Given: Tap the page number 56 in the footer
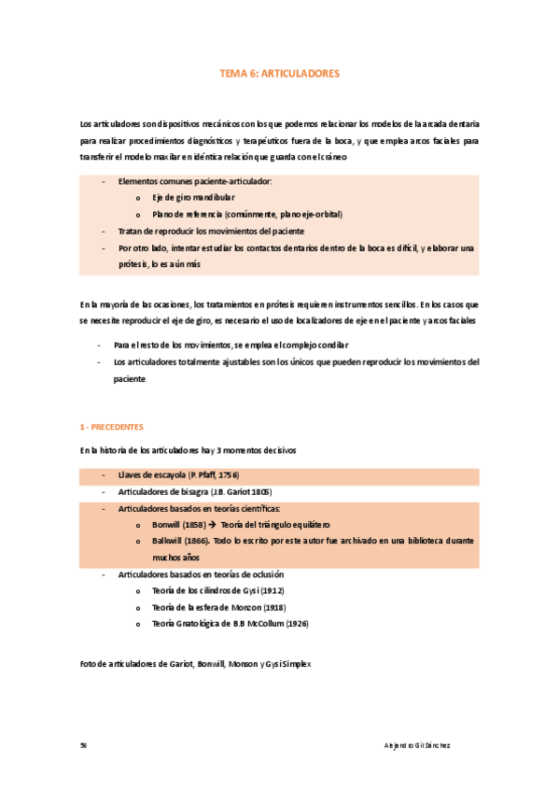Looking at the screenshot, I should [84, 745].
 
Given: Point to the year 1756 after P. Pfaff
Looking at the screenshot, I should [228, 475].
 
